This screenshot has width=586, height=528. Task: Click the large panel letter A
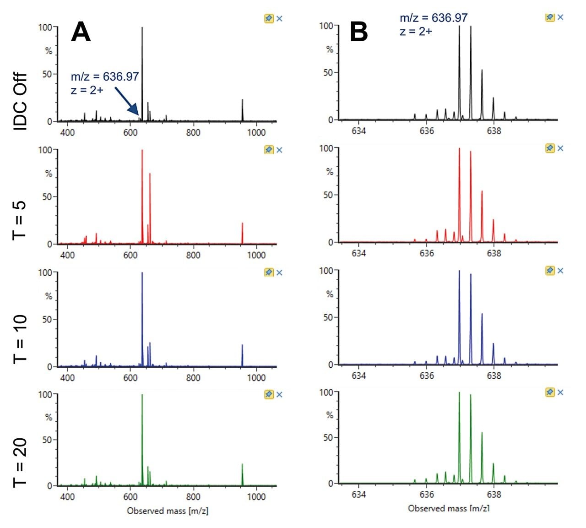pos(81,33)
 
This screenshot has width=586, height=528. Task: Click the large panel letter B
pos(359,33)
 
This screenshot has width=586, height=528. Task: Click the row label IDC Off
pos(21,102)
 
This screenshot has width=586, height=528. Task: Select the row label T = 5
pos(21,220)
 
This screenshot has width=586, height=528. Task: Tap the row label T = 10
pos(21,339)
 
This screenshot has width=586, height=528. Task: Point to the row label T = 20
pos(21,463)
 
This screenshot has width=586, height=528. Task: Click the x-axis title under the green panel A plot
pos(168,511)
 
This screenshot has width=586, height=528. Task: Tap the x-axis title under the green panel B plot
pos(448,508)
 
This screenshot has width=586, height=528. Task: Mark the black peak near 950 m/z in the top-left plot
pos(242,110)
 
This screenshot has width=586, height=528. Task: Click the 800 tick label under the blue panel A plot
pos(193,378)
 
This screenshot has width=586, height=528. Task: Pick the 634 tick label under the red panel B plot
pos(359,253)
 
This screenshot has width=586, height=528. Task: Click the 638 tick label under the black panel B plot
pos(494,131)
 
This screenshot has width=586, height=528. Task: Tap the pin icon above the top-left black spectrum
pos(269,19)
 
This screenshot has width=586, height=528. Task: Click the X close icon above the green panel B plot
pos(560,392)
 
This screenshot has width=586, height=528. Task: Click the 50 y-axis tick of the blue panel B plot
pos(328,317)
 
